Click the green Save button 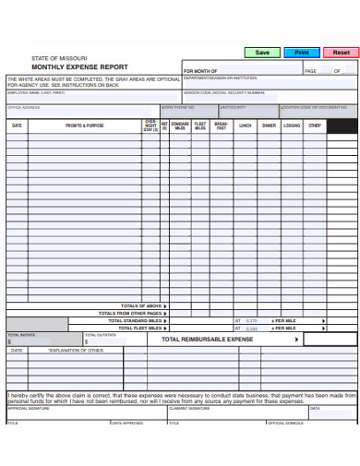[x=262, y=53]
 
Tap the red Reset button [x=341, y=53]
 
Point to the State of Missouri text [x=61, y=58]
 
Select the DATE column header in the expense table [x=17, y=125]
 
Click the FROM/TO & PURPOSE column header [x=85, y=125]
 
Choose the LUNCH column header [x=245, y=125]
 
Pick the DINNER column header [x=269, y=125]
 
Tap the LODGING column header [x=292, y=125]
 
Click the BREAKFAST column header [x=222, y=125]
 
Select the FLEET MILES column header [x=200, y=125]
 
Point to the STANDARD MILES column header [x=180, y=125]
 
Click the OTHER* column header [x=315, y=125]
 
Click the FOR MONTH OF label [x=200, y=71]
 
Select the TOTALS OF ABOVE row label [x=141, y=305]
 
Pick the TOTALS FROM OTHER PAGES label [x=132, y=313]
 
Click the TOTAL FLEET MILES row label [x=136, y=328]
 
